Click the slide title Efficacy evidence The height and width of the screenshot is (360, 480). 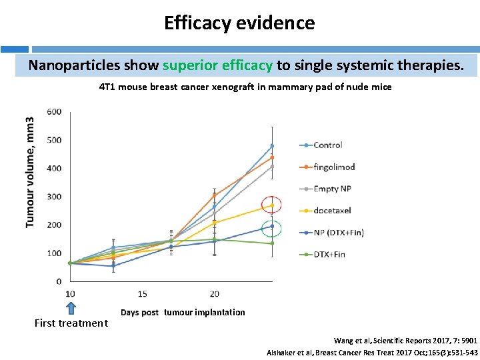pos(239,23)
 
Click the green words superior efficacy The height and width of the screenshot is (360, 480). pos(217,65)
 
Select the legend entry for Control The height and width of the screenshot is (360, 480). pos(327,145)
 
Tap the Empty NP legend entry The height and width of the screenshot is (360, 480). pos(331,189)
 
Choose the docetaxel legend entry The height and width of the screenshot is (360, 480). pos(331,210)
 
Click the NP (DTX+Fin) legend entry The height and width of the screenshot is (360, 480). pos(339,232)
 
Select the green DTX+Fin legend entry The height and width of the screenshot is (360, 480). pos(329,254)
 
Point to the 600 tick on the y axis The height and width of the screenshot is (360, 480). pos(54,112)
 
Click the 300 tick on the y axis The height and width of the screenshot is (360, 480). pos(54,197)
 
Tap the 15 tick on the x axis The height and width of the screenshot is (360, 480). pos(142,294)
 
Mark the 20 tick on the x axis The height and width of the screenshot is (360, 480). pos(214,294)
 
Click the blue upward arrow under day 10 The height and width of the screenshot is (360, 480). pos(71,307)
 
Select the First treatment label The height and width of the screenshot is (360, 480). pos(71,323)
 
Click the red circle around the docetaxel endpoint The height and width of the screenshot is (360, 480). pos(271,205)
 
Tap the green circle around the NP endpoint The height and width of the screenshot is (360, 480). pos(271,228)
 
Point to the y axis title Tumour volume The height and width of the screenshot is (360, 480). pos(30,172)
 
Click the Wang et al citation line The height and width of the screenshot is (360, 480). pos(405,340)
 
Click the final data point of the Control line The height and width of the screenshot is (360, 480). pos(272,146)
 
